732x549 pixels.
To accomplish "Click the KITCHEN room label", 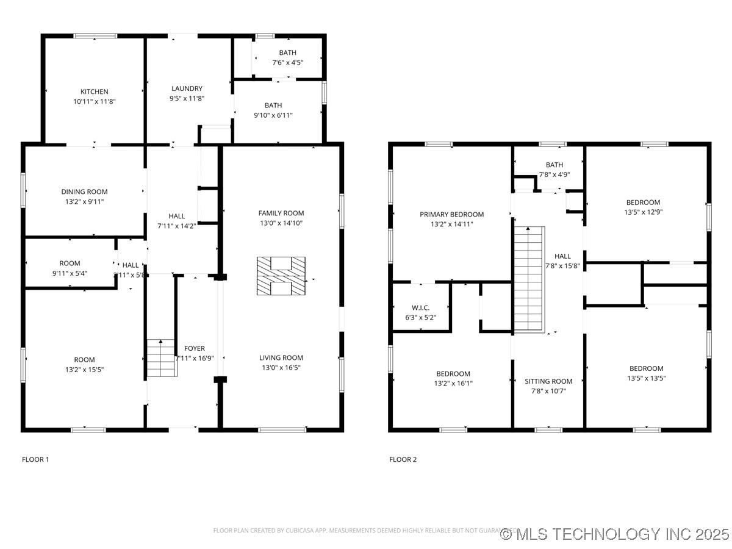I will pos(95,92).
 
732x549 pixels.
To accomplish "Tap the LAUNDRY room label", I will pos(187,88).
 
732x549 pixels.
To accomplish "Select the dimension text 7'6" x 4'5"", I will pos(287,62).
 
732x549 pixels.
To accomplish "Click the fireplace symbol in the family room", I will pos(281,276).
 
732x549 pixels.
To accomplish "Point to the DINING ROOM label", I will pos(84,192).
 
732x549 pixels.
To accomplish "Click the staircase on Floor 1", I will pos(160,357).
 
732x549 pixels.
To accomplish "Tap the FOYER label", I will pos(195,348).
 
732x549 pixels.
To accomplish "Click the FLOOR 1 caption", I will pos(35,459).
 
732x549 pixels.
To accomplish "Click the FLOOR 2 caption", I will pos(403,459).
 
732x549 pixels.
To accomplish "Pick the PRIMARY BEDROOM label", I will pos(451,214).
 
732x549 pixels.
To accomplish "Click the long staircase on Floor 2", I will pos(528,278).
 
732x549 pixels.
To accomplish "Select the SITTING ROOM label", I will pos(548,381).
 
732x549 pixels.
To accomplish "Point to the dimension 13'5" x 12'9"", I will pos(643,212).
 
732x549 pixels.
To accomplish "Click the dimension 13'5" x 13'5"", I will pos(646,378).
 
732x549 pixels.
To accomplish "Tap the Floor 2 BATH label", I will pos(554,165).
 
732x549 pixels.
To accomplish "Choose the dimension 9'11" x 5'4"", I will pos(70,273).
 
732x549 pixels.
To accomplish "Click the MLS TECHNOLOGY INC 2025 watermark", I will pos(615,534).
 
